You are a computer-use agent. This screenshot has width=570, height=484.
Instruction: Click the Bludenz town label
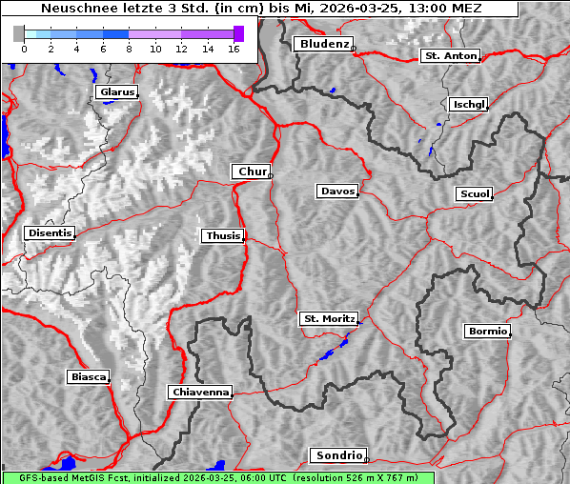(323, 44)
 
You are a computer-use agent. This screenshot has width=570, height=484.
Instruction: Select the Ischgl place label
(468, 104)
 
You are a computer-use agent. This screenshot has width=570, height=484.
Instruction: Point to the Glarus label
(116, 92)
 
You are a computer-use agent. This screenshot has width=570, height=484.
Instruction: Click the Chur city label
(252, 171)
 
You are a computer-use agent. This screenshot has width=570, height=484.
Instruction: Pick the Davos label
(337, 192)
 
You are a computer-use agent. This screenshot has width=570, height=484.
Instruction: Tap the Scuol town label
(474, 194)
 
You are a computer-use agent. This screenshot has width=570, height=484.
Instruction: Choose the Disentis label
(50, 232)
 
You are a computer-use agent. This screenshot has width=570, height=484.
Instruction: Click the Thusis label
(223, 235)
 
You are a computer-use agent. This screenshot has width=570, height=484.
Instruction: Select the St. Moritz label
(328, 318)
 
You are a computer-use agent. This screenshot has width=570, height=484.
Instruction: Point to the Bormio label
(487, 332)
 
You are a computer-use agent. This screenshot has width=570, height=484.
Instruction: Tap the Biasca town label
(88, 376)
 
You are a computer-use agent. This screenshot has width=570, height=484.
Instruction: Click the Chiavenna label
(200, 392)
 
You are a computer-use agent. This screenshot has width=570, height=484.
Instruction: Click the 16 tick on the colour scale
(233, 48)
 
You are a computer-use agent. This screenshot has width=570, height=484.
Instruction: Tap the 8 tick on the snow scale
(128, 48)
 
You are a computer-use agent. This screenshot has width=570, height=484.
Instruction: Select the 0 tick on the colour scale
(24, 48)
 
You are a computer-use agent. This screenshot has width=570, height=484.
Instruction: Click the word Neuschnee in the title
(74, 9)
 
